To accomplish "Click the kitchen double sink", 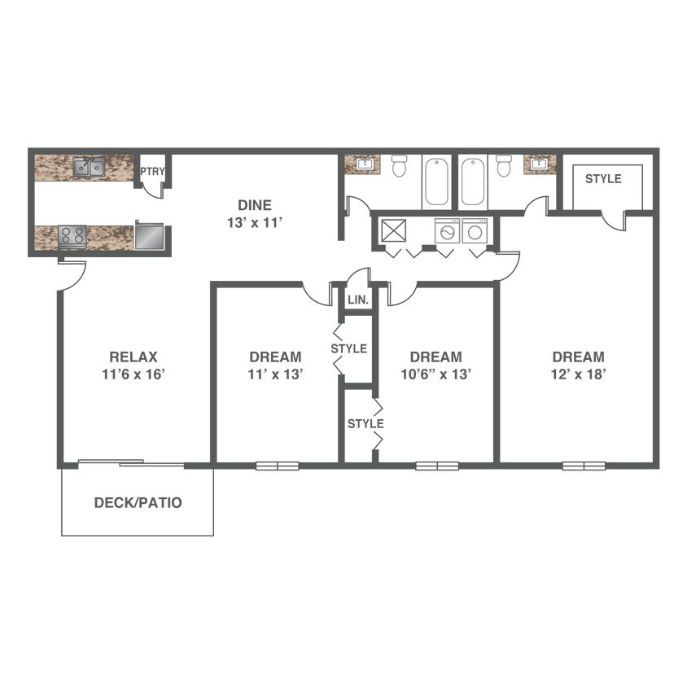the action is pos(89,167).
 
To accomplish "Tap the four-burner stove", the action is pos(72,237).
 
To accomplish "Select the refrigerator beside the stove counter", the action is pos(150,235).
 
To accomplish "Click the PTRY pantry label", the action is pos(152,171).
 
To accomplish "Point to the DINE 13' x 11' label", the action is pos(255,214).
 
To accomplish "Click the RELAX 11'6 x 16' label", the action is pos(133,365).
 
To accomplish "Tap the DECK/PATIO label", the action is pos(138,502).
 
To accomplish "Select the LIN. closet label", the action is pos(358,300).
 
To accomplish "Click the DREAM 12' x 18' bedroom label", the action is pos(579,365).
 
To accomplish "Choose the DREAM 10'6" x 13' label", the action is pos(436,365).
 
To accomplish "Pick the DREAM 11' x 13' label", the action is pos(276,365).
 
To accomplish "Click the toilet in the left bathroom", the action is pos(399,165).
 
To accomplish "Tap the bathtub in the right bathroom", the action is pos(473,182).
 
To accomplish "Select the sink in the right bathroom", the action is pos(540,164).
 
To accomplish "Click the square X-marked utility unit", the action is pos(393,231).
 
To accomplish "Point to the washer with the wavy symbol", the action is pos(447,231).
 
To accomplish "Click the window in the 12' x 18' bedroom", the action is pos(584,466).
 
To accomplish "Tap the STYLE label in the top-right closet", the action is pos(603,179).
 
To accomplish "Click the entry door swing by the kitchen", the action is pos(72,276).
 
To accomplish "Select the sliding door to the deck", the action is pos(131,462).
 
